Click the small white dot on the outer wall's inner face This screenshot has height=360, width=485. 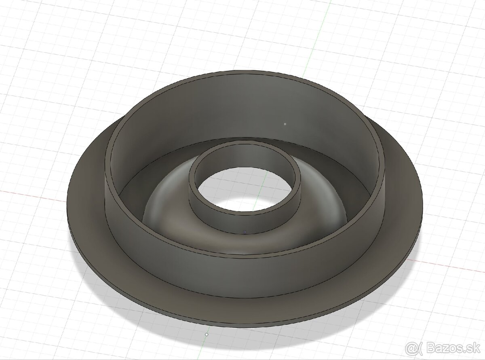click(285, 124)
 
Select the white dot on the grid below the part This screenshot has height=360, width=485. click(207, 335)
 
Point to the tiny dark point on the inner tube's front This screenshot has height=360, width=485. click(245, 232)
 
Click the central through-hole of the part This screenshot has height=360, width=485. click(247, 190)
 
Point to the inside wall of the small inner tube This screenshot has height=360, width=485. click(247, 156)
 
